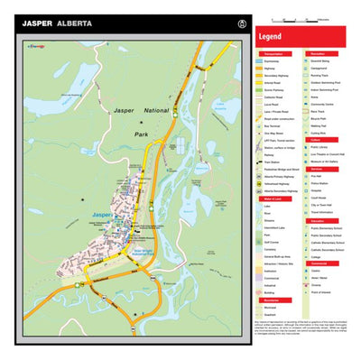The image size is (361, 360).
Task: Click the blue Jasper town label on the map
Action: point(102,214)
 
